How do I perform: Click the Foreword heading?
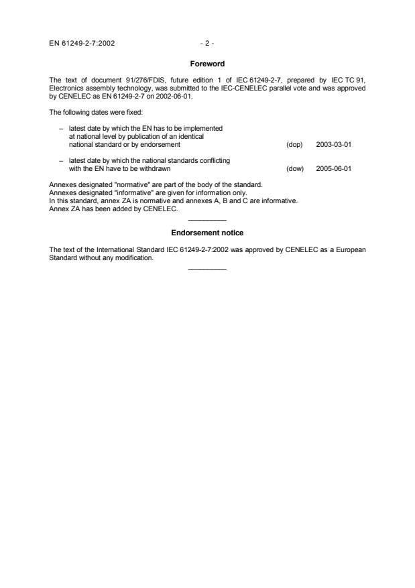click(x=206, y=64)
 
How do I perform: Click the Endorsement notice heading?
click(x=206, y=233)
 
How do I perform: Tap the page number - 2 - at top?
click(x=206, y=44)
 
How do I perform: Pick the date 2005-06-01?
click(x=333, y=169)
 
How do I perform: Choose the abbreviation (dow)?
click(x=295, y=169)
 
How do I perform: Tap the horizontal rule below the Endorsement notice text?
click(x=207, y=269)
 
